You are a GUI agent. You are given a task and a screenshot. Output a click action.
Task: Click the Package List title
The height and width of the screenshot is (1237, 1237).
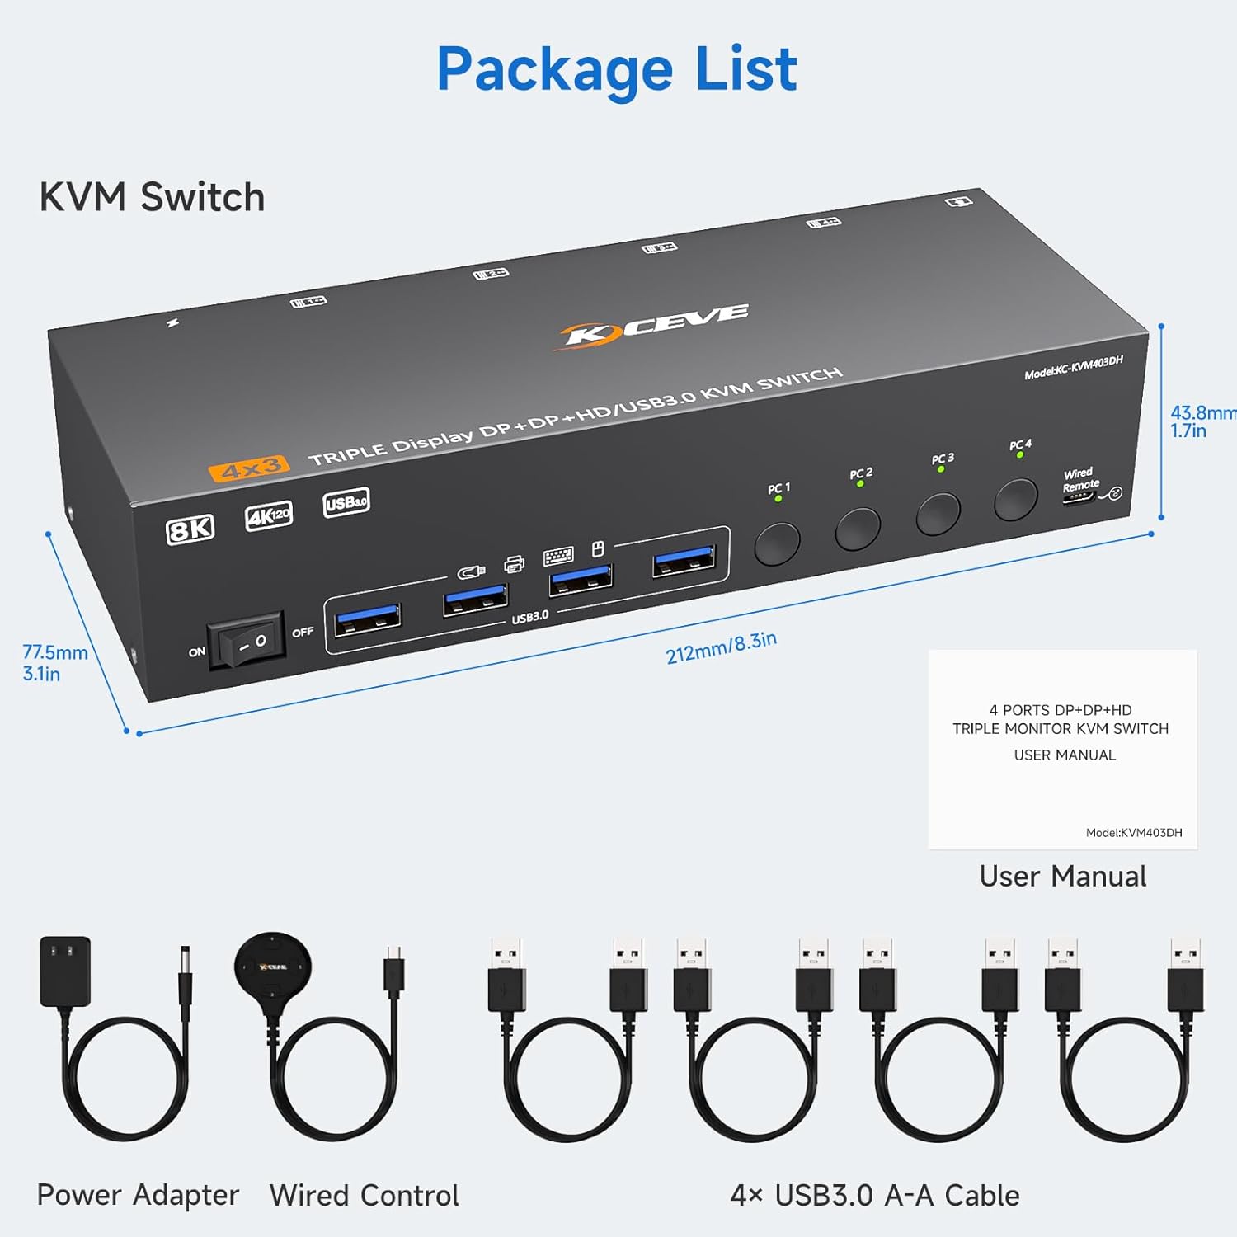[x=617, y=69]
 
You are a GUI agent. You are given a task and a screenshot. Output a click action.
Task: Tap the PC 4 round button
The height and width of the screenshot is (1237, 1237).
[x=1015, y=500]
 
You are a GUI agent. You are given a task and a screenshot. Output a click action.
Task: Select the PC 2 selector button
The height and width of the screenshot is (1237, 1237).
[x=858, y=529]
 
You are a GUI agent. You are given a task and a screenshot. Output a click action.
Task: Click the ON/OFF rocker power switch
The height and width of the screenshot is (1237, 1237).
[x=247, y=641]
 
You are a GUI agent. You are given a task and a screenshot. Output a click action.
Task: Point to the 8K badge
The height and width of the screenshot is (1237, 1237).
[x=190, y=529]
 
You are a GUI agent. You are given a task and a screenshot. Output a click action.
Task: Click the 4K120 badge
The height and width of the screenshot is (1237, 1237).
[x=269, y=516]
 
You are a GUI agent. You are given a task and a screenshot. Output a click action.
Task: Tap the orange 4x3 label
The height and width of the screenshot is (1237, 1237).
[x=249, y=468]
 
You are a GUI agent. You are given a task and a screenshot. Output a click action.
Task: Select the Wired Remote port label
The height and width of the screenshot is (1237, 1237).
[x=1080, y=480]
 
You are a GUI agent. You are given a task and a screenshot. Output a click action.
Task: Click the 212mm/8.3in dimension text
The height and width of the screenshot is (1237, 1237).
[x=721, y=647]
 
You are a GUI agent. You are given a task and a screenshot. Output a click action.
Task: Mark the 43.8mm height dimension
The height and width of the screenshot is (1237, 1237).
[x=1201, y=421]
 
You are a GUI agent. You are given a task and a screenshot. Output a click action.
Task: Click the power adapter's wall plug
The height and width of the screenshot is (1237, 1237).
[x=65, y=971]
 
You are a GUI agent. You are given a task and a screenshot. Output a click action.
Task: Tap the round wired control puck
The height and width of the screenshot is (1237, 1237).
[x=273, y=966]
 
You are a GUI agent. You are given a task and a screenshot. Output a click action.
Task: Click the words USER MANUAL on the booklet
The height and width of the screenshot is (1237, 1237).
[x=1065, y=755]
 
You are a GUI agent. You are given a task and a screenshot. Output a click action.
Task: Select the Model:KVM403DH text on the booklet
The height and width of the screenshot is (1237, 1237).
[x=1134, y=833]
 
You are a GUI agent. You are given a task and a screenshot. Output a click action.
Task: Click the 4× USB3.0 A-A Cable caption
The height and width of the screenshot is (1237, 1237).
[x=874, y=1195]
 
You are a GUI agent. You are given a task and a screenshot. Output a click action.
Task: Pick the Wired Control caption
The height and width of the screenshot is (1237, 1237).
[x=364, y=1195]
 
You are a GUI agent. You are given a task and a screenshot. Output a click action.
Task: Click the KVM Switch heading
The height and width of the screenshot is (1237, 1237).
[x=152, y=198]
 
